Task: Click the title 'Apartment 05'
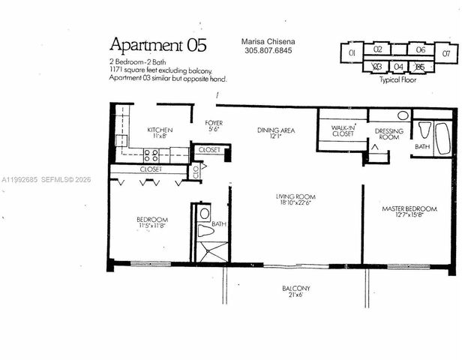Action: click(158, 43)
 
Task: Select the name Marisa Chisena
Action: click(268, 43)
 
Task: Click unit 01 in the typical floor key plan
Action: click(352, 52)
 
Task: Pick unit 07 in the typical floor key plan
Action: click(447, 52)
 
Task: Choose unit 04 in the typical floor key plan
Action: click(399, 67)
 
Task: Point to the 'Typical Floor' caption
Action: click(399, 79)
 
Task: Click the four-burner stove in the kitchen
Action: click(151, 156)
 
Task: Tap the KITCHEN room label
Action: click(160, 130)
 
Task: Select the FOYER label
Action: click(214, 121)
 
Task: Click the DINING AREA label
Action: click(275, 130)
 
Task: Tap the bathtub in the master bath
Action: click(442, 138)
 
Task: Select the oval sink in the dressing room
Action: click(403, 116)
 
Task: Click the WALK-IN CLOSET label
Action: click(342, 130)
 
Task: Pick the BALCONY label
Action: click(296, 289)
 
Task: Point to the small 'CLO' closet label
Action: click(194, 169)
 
